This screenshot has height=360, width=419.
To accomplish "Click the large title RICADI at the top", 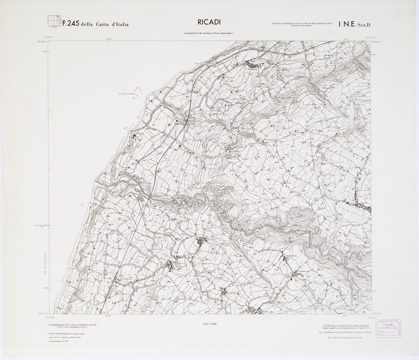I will (209, 22).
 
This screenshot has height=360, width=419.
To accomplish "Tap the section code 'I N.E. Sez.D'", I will (354, 24).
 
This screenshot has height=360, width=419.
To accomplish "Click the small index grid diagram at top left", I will (54, 21).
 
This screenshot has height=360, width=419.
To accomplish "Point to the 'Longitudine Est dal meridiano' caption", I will (209, 34).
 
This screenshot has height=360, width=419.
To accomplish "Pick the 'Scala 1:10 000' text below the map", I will (209, 324).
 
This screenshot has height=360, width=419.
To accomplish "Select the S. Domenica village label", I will (251, 69).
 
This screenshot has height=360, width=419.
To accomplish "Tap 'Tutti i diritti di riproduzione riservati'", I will (344, 338).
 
